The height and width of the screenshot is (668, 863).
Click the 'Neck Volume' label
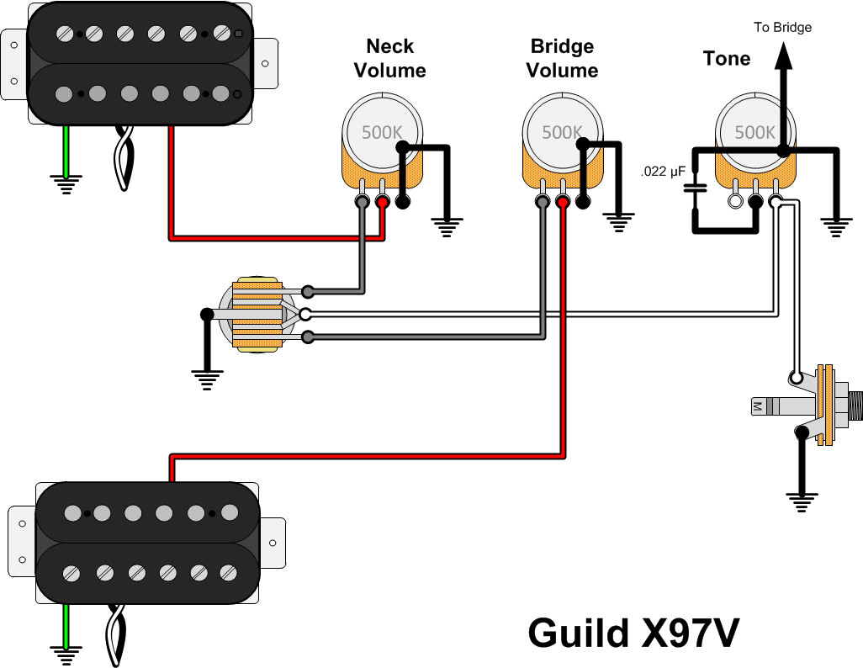(389, 58)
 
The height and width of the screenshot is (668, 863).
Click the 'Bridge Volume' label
(562, 58)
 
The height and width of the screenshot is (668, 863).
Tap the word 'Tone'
(727, 58)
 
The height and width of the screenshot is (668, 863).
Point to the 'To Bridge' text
(782, 27)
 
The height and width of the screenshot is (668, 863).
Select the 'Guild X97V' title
(633, 634)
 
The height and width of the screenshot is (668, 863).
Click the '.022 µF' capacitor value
(663, 172)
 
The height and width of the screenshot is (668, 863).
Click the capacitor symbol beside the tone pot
(695, 188)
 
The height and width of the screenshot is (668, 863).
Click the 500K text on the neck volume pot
(382, 132)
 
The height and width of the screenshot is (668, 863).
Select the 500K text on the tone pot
(755, 132)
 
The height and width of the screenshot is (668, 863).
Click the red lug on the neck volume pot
(383, 202)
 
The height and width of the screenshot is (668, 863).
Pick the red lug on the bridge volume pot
(563, 202)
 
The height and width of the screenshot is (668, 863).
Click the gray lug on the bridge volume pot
(543, 202)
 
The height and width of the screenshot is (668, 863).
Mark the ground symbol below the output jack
(802, 503)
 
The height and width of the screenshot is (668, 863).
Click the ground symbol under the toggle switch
(207, 380)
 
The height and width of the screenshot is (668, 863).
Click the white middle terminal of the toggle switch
(305, 315)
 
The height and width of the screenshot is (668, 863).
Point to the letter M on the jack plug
(757, 407)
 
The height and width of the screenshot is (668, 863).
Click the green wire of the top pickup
(66, 151)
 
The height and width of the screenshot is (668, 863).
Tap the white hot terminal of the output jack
(796, 378)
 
